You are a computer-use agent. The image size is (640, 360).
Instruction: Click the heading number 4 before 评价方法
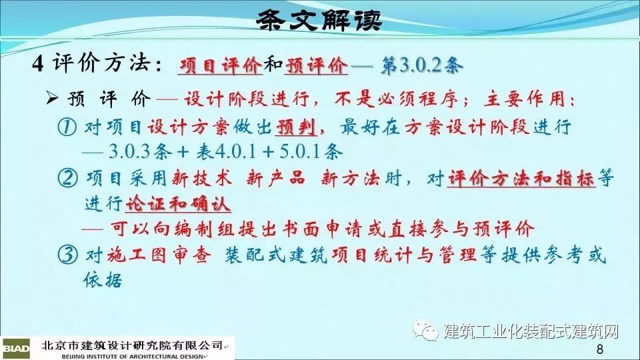(x=38, y=64)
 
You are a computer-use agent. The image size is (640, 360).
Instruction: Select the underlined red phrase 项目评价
(x=220, y=65)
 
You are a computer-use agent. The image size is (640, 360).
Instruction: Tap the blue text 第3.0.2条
(x=422, y=65)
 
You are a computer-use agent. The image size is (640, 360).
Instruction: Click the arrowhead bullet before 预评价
(x=52, y=98)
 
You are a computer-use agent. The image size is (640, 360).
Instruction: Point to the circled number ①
(x=67, y=127)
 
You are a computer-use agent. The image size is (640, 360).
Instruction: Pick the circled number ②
(x=67, y=178)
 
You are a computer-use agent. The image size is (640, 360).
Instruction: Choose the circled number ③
(x=67, y=255)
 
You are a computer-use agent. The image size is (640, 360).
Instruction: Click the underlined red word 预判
(x=296, y=127)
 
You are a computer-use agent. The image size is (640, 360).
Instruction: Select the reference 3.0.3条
(x=140, y=152)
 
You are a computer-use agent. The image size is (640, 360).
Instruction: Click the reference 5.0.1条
(x=311, y=152)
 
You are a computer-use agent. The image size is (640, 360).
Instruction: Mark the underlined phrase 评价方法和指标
(x=521, y=179)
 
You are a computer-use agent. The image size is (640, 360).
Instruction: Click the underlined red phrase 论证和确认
(x=178, y=204)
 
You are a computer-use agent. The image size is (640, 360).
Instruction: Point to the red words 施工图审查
(x=159, y=255)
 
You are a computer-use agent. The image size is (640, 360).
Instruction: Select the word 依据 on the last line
(x=103, y=279)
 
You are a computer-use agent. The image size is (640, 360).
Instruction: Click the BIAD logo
(x=15, y=348)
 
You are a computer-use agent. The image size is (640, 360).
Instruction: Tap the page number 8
(x=599, y=349)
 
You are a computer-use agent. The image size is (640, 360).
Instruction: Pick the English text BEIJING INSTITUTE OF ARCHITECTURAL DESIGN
(x=132, y=356)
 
